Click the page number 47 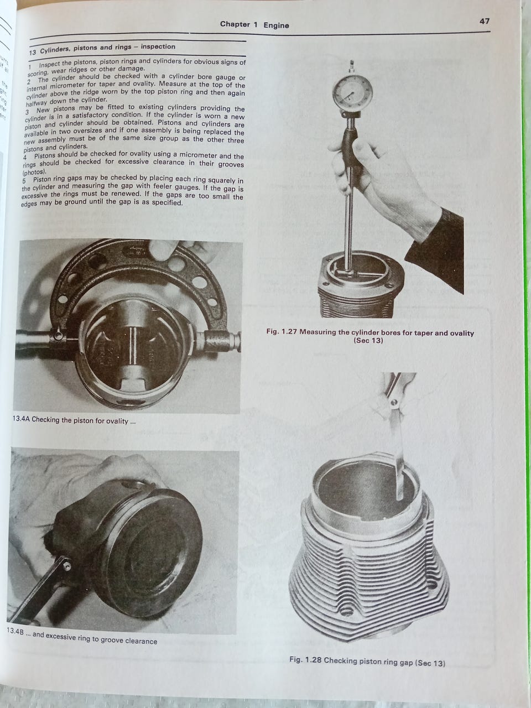click(x=484, y=21)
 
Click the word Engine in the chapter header click(x=276, y=25)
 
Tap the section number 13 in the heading click(x=33, y=51)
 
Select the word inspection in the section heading click(x=158, y=46)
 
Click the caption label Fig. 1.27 click(x=281, y=331)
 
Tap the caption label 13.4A click(x=21, y=419)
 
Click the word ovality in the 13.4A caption click(x=116, y=421)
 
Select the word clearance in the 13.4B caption click(x=141, y=641)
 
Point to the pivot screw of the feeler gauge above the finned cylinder click(x=394, y=403)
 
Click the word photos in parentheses click(x=33, y=171)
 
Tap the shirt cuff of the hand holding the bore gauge click(x=435, y=248)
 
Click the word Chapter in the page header click(x=235, y=24)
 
